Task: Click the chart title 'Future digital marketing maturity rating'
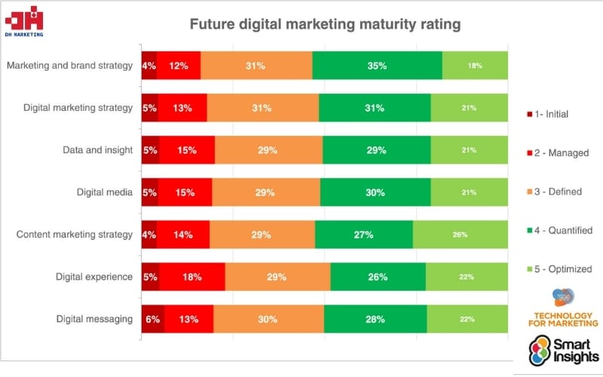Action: click(x=325, y=24)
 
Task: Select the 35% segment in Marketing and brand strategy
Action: click(x=377, y=66)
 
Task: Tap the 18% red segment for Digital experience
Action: click(x=192, y=277)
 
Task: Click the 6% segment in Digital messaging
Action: click(x=153, y=319)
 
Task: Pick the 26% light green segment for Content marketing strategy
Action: click(x=461, y=234)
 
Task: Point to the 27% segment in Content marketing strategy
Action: click(x=364, y=234)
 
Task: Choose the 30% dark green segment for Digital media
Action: click(x=375, y=192)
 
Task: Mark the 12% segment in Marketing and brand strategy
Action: click(x=179, y=66)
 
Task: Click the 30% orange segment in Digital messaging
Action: click(x=268, y=319)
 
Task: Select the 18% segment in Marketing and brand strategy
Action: click(x=475, y=66)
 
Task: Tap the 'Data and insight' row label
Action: click(x=98, y=150)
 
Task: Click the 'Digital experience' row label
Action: click(x=94, y=277)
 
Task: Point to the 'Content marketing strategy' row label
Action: click(x=75, y=234)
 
